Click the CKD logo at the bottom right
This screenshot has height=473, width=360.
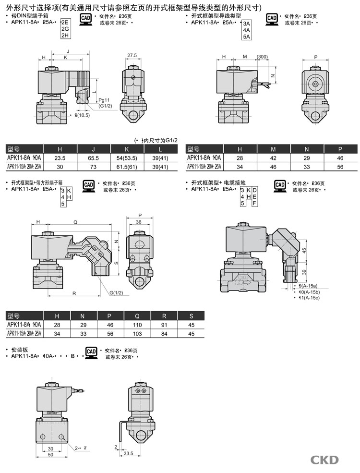324,460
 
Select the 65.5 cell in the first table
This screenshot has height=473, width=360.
94,158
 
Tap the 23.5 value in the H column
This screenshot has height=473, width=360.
60,158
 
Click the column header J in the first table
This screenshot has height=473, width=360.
94,149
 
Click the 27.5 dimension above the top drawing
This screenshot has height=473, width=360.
132,56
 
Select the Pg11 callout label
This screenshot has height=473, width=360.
104,100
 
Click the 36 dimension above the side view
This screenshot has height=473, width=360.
138,222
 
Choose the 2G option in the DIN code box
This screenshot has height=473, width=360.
65,29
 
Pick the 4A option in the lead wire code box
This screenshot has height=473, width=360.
247,29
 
